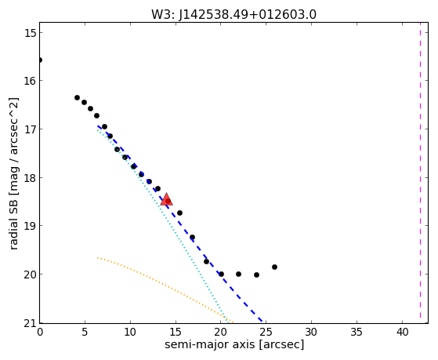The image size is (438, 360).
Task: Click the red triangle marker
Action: coord(166,199)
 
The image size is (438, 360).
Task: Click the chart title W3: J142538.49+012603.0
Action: coord(233,15)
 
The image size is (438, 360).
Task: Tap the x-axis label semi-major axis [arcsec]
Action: coord(234,344)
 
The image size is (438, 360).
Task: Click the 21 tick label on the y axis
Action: coord(30,324)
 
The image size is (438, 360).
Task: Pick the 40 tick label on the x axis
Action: coord(402,332)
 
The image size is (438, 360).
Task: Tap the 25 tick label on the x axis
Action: coord(266,332)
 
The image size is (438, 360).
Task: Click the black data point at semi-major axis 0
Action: coord(40,60)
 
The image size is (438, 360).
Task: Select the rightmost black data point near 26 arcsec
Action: coord(274,267)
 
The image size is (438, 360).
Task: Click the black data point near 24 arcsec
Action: coord(256,275)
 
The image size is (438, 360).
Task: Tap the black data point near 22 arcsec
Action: coord(238,275)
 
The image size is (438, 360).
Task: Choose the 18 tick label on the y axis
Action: coord(30,177)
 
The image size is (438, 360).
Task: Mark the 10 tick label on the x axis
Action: coord(130,332)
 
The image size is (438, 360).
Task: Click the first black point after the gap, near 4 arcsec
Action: coord(77,97)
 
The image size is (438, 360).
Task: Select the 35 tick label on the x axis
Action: coord(357,332)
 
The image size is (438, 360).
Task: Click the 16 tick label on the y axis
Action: coord(30,81)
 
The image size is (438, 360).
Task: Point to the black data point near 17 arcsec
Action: coord(192,237)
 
